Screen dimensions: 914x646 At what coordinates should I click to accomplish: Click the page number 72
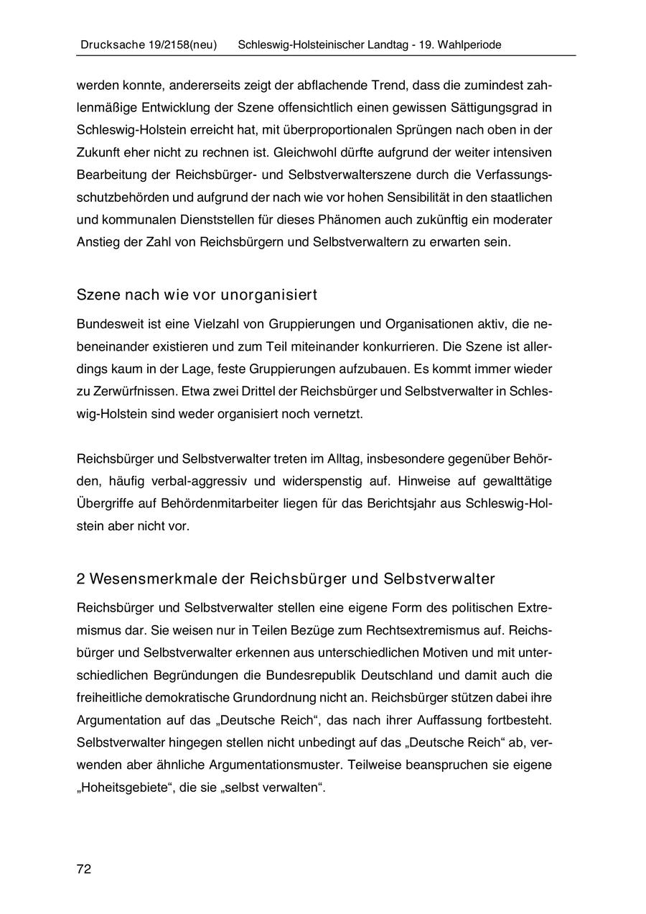click(84, 869)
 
